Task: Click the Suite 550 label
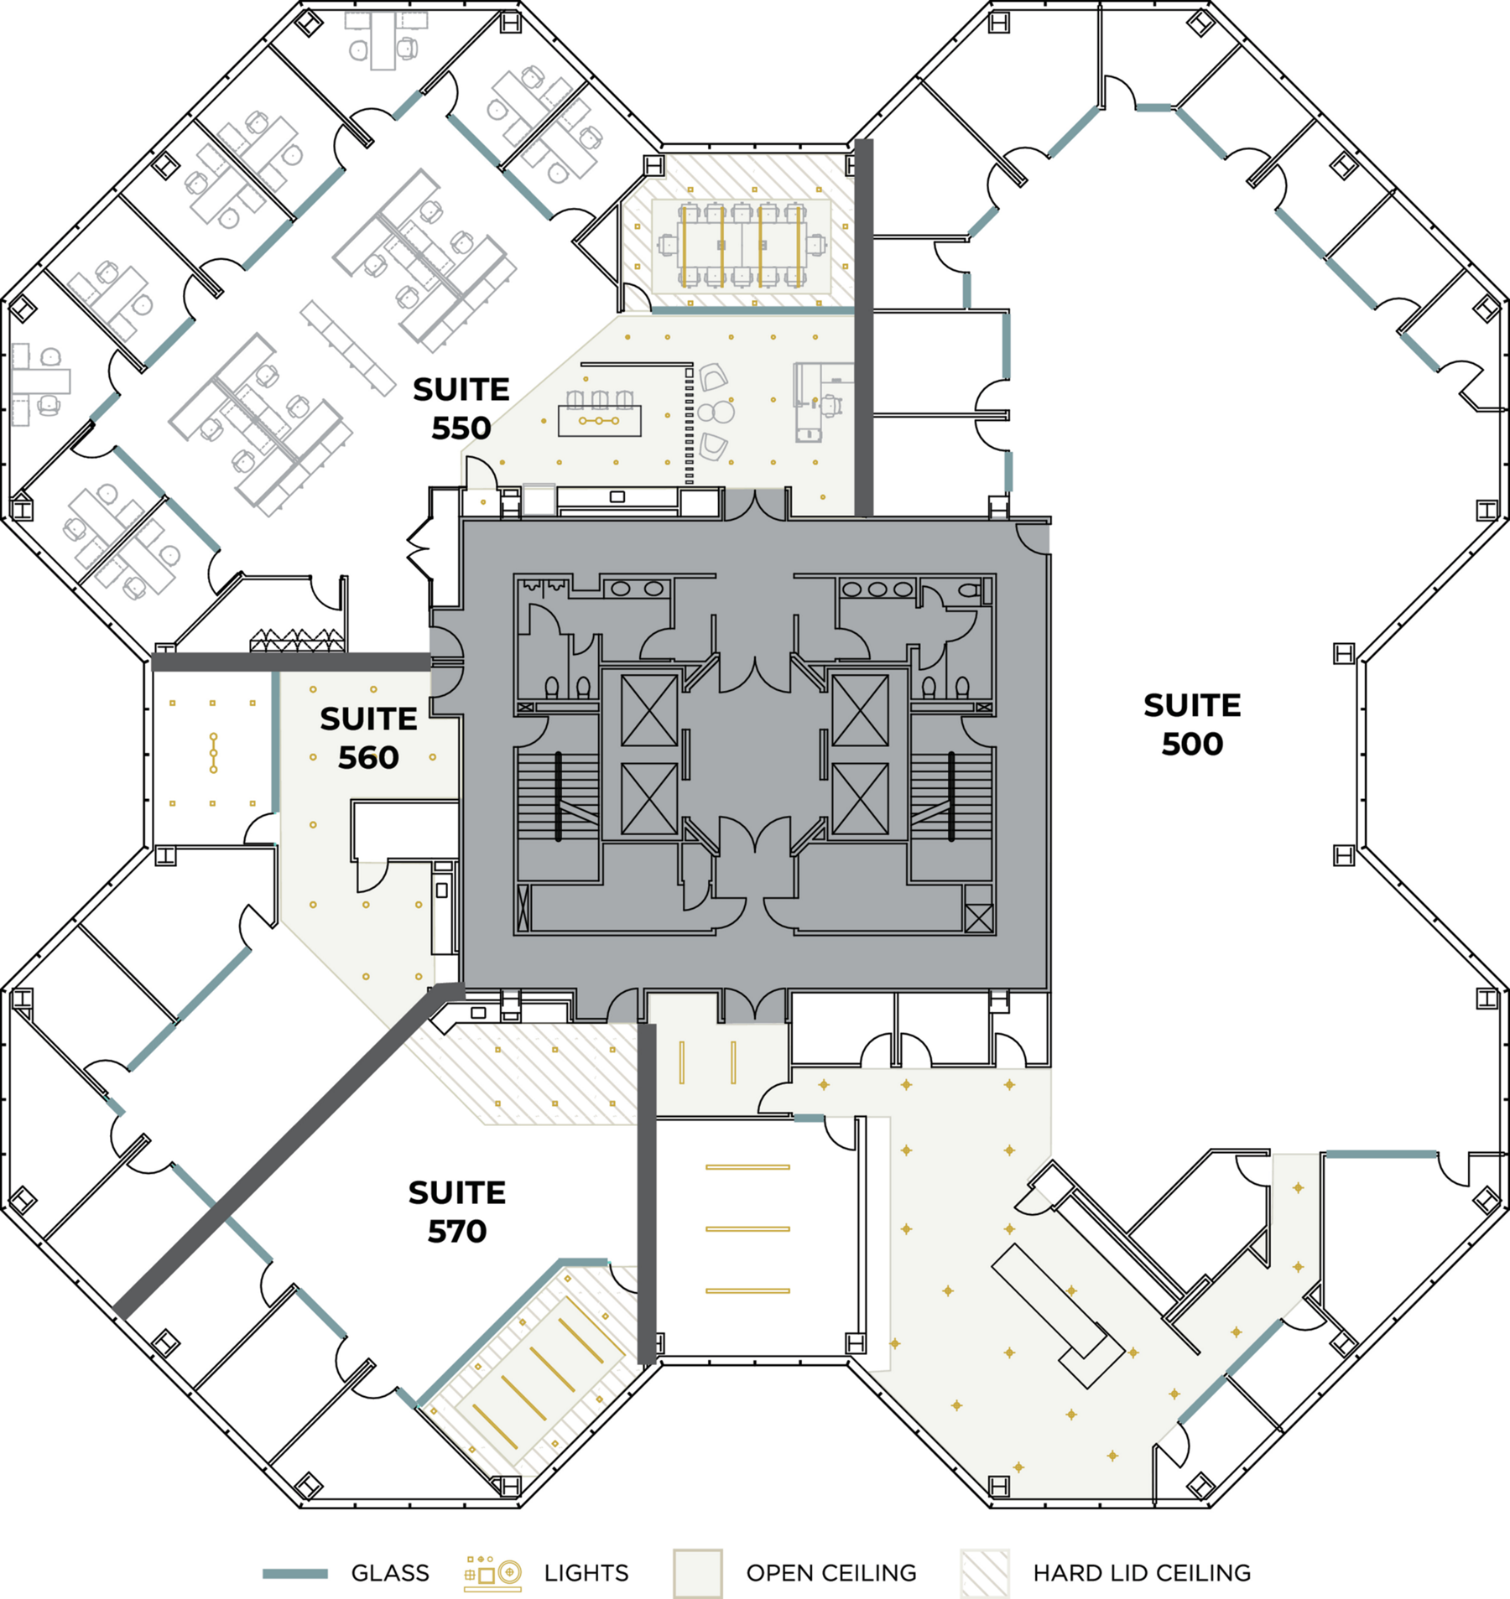(461, 408)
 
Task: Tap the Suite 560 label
(368, 738)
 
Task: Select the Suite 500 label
(1192, 724)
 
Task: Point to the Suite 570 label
(457, 1212)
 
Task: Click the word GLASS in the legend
(390, 1573)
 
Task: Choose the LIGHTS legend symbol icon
(493, 1572)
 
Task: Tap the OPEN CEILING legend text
(831, 1573)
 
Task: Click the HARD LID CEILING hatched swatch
(985, 1573)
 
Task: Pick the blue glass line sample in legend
(295, 1574)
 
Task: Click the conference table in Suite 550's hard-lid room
(742, 246)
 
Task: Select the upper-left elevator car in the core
(649, 710)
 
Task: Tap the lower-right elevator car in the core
(860, 799)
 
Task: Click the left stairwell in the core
(558, 796)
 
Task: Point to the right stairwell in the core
(951, 796)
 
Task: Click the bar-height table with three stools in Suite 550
(600, 420)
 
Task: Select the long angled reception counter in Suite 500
(1057, 1316)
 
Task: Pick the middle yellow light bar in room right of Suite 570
(747, 1228)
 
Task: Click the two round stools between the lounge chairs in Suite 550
(716, 412)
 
